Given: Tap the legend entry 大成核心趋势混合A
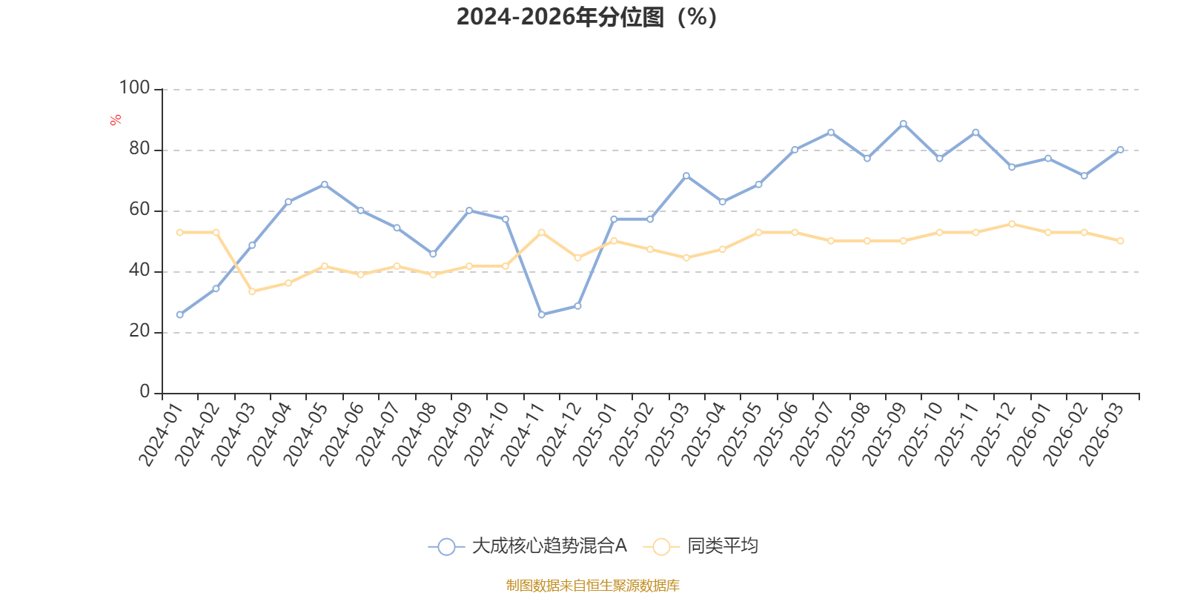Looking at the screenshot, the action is coord(527,546).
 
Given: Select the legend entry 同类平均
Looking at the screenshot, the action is coord(700,546).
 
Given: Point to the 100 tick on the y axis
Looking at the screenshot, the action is coord(134,87).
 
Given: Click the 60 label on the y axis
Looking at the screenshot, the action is coord(139,209).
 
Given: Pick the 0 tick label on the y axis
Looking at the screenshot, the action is coord(145,391).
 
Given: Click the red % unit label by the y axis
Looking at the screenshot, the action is coord(116,120).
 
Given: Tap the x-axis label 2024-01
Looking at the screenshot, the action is coord(159,434).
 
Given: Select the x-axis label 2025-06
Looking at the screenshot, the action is coord(775,434).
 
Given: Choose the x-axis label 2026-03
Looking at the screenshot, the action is coord(1101,434).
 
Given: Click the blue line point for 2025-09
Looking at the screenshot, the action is coord(904,124).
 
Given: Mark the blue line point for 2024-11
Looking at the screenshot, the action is coord(541,314).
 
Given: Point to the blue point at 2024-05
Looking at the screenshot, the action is coord(324,185).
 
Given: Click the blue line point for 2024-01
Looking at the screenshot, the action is coord(179,314).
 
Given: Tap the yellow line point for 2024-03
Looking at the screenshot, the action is coord(252,291).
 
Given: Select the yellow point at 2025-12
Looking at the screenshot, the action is coord(1012,224).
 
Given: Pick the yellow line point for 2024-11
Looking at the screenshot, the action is coord(541,233).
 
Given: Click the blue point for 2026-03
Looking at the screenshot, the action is coord(1120,150).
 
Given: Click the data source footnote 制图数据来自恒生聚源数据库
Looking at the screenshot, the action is coord(592,585).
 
